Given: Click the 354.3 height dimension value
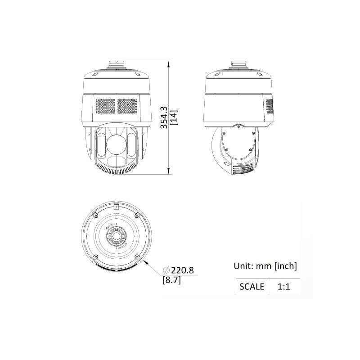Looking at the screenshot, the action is [164, 117].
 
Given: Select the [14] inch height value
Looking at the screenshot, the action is [173, 117].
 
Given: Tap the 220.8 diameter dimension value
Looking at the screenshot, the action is [182, 270].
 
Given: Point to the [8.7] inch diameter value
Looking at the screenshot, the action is [172, 280].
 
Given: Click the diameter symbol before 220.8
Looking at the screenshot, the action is [166, 270].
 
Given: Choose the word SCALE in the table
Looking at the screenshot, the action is [252, 287].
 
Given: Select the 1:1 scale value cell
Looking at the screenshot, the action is [284, 287].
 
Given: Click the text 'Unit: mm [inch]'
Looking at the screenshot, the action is [265, 266].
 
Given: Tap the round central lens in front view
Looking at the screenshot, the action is [117, 144].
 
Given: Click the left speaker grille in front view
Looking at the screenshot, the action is [106, 106].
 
